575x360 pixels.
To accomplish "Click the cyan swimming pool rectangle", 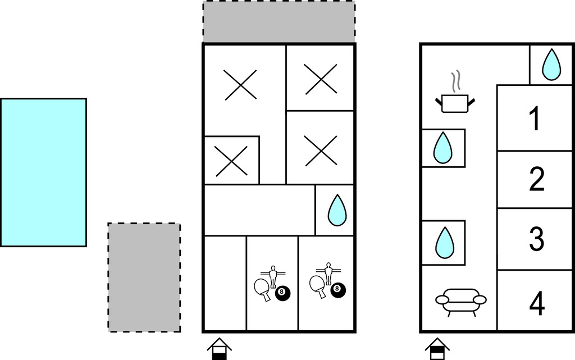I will [43, 172].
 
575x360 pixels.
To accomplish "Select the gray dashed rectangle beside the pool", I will [144, 277].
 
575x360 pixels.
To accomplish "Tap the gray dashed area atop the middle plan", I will [279, 22].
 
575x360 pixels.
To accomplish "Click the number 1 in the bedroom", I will [536, 119].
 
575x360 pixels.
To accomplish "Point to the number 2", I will [537, 180].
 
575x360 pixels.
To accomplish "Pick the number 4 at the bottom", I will [537, 303].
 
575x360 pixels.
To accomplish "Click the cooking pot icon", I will [456, 103].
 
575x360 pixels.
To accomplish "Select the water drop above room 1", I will [551, 64].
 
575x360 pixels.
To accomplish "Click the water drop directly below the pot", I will [443, 148].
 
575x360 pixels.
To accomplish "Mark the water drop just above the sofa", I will [444, 242].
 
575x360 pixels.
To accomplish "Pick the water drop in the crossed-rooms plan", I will [337, 209].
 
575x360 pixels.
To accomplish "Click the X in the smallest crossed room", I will [232, 161].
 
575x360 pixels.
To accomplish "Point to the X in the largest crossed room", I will [241, 85].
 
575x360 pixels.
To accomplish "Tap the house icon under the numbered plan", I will [437, 349].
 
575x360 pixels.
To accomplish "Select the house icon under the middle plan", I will [219, 349].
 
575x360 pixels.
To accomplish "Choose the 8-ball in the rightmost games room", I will [337, 290].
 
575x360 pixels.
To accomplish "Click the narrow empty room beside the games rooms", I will [225, 284].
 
